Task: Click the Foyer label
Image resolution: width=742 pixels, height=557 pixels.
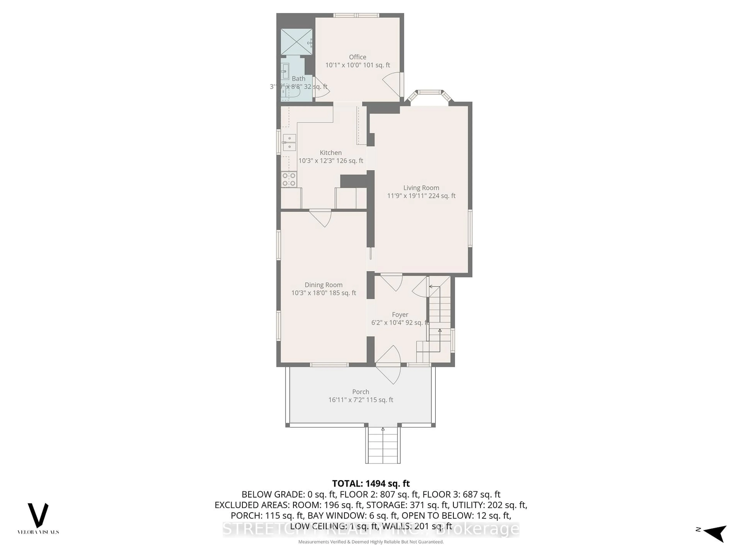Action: [400, 315]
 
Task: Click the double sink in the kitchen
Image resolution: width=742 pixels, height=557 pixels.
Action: [289, 143]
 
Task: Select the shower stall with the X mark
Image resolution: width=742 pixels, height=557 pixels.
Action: [296, 42]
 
